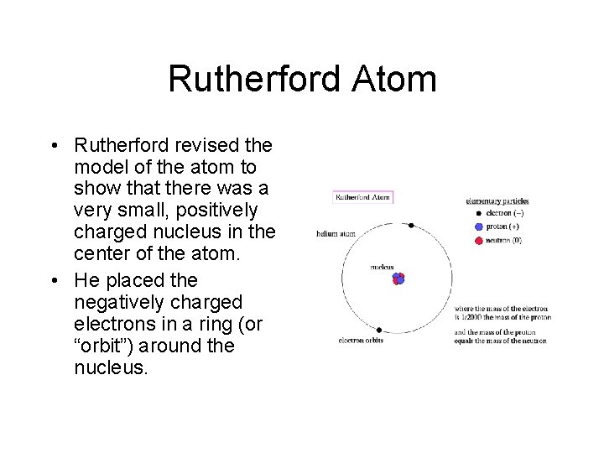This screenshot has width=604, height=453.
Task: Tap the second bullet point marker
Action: (55, 280)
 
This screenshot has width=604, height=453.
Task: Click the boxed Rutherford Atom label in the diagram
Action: (363, 198)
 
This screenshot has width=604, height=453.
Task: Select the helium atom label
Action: (336, 234)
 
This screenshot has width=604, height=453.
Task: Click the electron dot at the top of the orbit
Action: (411, 226)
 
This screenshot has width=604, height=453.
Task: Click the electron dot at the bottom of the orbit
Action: (379, 330)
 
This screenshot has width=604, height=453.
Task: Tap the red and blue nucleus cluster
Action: (398, 278)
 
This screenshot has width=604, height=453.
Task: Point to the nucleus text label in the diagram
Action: (382, 267)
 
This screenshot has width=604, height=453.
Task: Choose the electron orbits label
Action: (360, 341)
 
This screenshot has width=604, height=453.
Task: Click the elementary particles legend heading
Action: (497, 201)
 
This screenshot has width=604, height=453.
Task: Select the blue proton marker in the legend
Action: (478, 226)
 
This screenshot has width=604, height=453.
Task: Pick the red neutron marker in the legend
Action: (478, 241)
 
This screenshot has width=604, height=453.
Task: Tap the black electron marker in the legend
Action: (478, 213)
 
